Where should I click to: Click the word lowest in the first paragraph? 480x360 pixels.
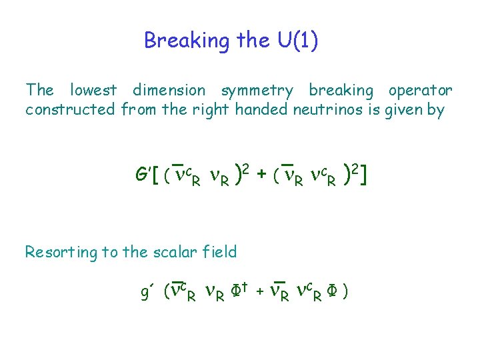[93, 90]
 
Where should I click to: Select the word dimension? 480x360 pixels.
[169, 90]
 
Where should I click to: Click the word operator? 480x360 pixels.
[421, 91]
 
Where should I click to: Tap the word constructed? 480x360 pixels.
[70, 109]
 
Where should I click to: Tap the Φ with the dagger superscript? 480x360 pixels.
[237, 291]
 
